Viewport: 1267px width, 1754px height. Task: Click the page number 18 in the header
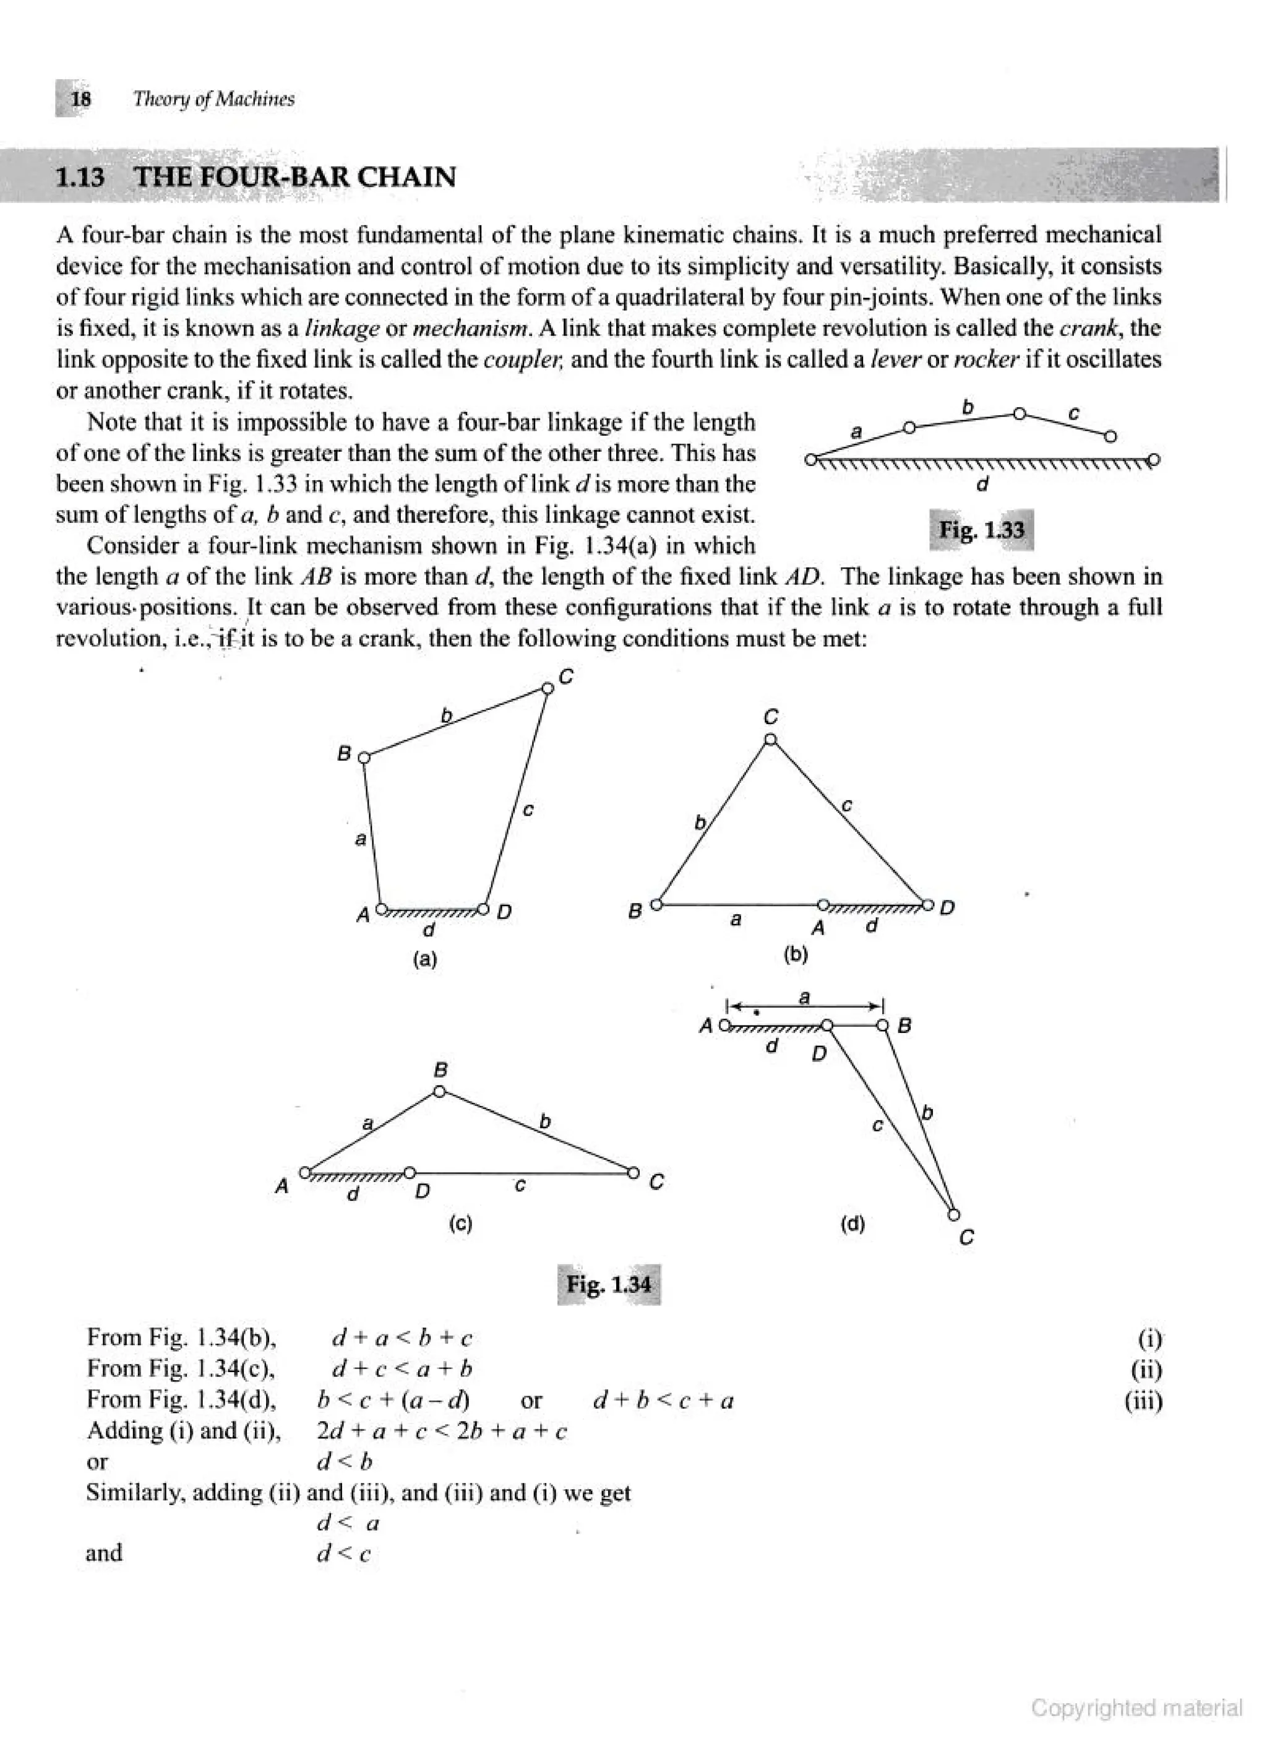[80, 99]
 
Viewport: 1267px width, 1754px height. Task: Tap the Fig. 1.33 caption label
[981, 530]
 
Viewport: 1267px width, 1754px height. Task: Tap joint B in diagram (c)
[439, 1092]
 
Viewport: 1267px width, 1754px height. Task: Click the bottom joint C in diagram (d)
[953, 1214]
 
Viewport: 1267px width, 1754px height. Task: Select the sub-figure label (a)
[424, 959]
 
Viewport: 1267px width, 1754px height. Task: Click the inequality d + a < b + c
[402, 1338]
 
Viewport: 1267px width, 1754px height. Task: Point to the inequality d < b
[345, 1462]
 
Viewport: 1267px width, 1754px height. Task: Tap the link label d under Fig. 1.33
[982, 485]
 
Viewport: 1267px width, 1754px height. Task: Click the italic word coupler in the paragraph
[512, 360]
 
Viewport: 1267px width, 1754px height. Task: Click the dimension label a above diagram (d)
[804, 997]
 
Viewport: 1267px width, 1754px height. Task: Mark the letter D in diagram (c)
[422, 1190]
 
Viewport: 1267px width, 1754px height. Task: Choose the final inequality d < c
[344, 1553]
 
